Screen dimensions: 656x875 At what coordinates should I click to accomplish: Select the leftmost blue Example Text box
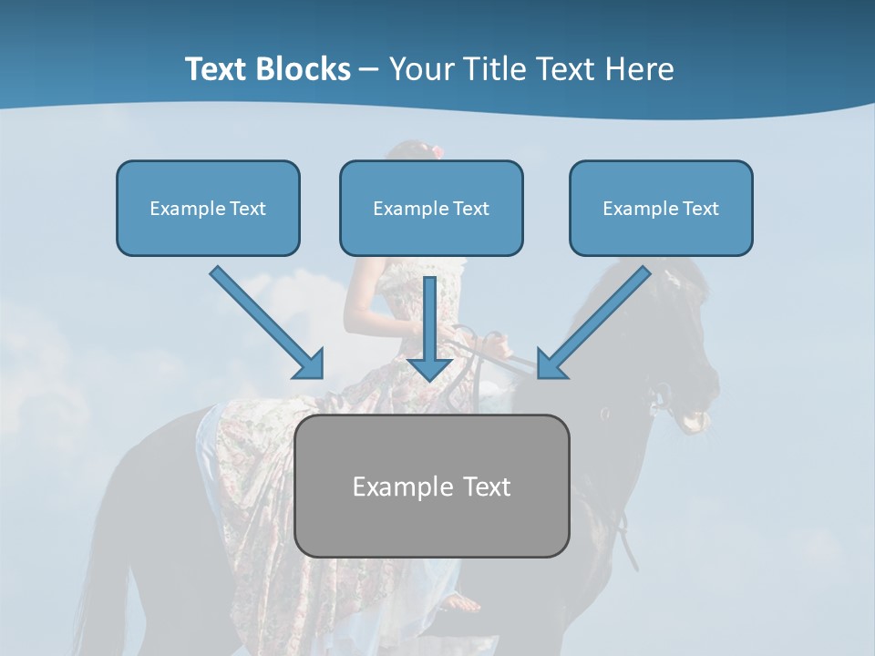(208, 208)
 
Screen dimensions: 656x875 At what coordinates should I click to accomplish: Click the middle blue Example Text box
(431, 208)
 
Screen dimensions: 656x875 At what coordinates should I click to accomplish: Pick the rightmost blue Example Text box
(661, 208)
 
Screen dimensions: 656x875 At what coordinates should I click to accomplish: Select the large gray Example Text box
(431, 486)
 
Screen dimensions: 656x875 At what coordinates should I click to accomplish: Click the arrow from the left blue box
(264, 321)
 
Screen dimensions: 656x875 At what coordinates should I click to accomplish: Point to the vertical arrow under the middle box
(429, 319)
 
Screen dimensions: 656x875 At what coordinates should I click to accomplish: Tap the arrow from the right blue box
(597, 319)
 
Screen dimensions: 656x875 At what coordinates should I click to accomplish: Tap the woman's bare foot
(463, 602)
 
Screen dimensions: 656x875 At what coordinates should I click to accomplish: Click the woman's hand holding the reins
(494, 344)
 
